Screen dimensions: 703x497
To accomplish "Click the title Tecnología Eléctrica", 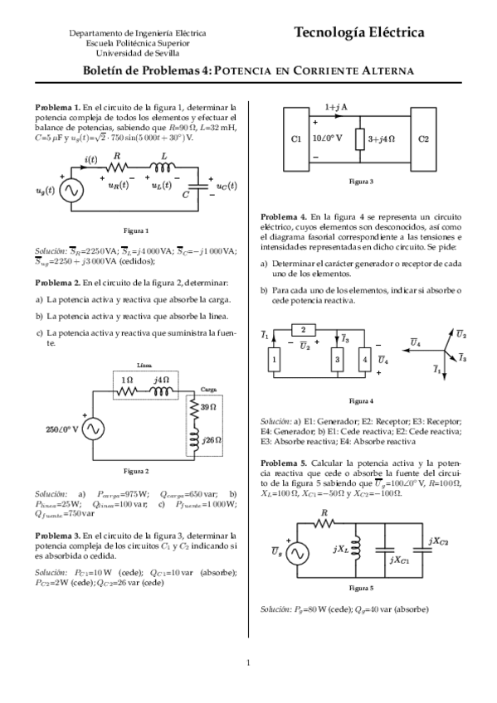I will [358, 32].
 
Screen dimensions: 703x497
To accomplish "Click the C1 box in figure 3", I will [296, 138].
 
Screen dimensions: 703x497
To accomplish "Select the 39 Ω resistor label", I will [209, 407].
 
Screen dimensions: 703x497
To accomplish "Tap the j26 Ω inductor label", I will [212, 439].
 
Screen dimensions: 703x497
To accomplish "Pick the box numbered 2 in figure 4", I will [303, 330].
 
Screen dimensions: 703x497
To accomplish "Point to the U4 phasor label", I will [416, 342].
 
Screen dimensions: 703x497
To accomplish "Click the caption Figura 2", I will [136, 471].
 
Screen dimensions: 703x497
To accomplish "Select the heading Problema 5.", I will [284, 462].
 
